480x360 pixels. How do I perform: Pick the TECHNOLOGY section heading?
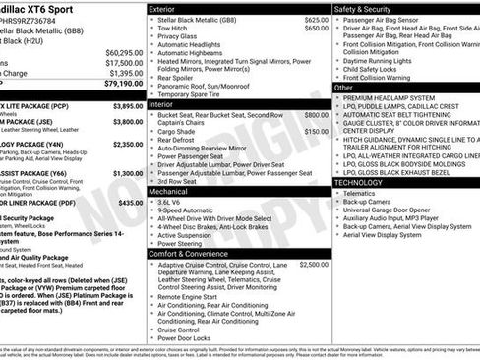click(358, 182)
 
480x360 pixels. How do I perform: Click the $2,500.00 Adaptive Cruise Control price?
click(314, 265)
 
